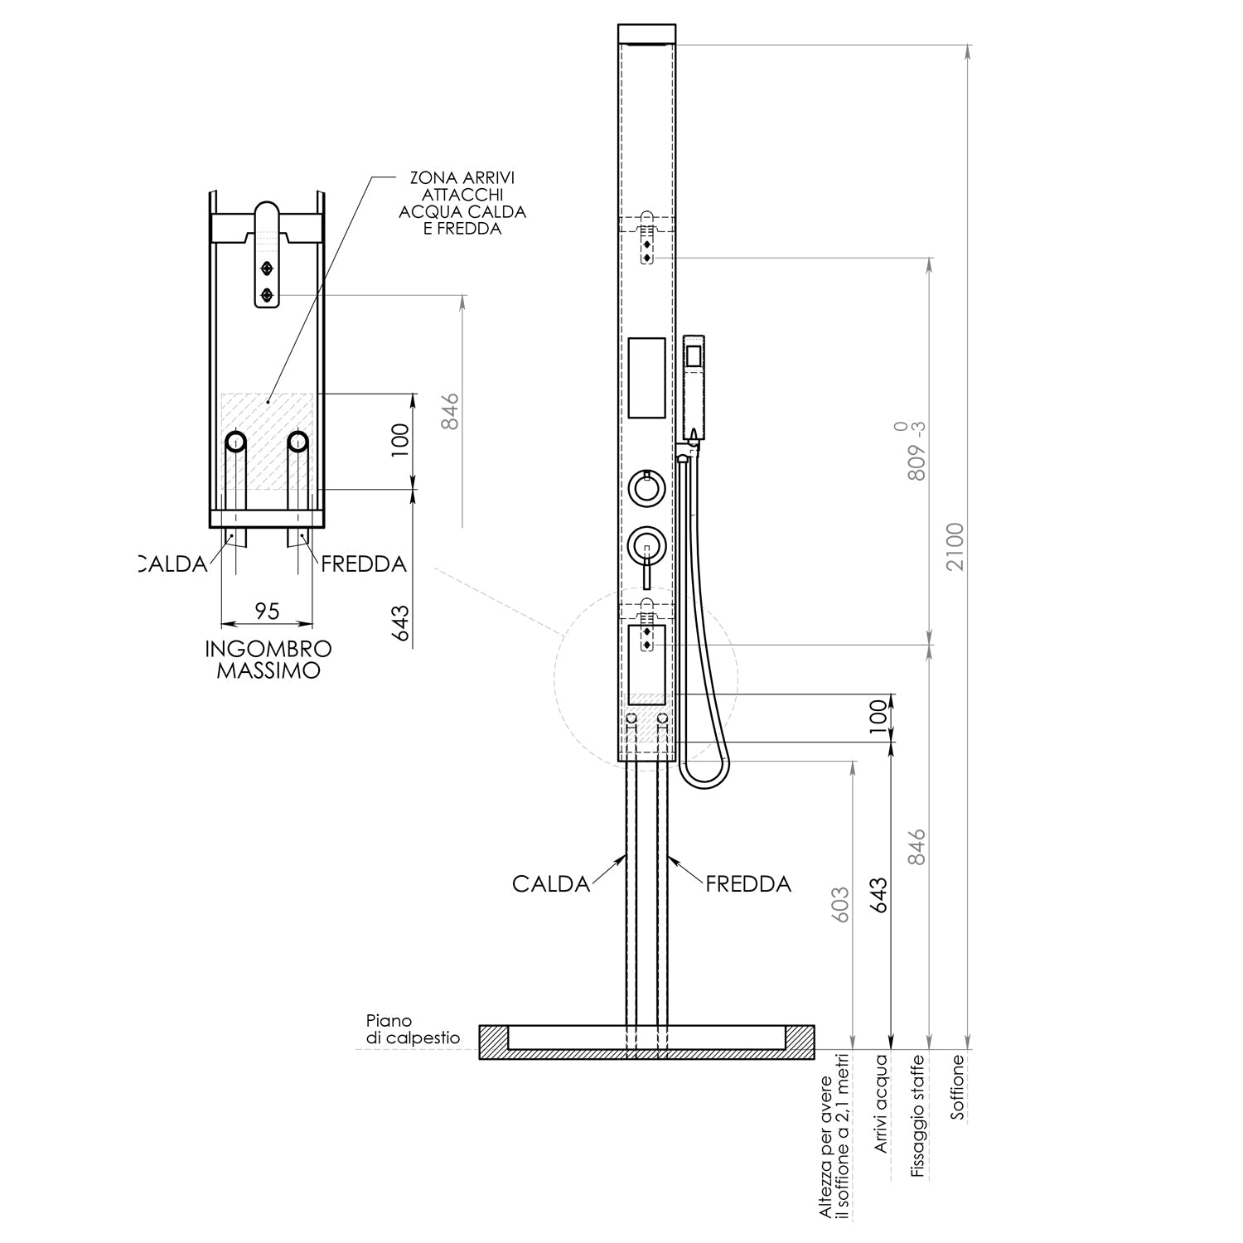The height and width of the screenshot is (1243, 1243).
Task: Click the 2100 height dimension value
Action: tap(956, 546)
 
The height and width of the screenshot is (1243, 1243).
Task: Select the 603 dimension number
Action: tap(839, 906)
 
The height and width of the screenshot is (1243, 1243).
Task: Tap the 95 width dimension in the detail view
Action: tap(267, 612)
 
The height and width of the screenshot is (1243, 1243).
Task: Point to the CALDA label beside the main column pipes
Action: tap(550, 884)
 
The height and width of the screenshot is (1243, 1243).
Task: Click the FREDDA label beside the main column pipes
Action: tap(748, 884)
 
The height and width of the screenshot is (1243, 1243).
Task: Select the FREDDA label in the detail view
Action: tap(364, 564)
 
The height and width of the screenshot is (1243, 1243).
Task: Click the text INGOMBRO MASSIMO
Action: tap(268, 660)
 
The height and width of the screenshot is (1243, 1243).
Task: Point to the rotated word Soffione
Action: tap(958, 1087)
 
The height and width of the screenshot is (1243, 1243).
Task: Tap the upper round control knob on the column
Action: tap(646, 486)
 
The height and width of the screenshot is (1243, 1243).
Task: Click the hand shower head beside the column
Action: tap(693, 386)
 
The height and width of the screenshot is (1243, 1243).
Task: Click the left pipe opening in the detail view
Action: tap(235, 442)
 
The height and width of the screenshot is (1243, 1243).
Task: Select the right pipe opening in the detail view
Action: tap(298, 442)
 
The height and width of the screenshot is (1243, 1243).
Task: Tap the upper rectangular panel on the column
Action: tap(646, 377)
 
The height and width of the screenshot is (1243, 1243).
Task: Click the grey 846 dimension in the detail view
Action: tap(449, 411)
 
